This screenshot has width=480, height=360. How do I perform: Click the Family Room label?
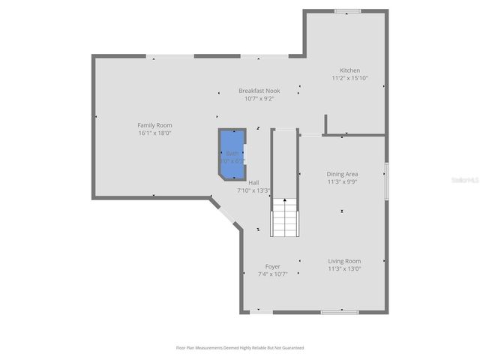154,125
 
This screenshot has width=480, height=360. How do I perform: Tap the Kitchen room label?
349,70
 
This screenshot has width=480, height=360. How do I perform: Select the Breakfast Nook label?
259,91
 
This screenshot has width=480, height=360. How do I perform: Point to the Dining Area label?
342,174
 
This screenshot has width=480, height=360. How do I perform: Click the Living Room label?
344,261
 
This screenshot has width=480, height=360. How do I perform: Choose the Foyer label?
273,266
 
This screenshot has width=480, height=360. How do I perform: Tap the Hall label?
253,183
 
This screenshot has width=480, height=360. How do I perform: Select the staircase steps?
284,217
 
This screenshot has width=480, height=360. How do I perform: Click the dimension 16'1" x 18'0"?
154,133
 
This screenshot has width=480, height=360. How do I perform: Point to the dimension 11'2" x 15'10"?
349,78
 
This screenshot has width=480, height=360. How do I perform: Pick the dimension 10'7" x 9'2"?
259,98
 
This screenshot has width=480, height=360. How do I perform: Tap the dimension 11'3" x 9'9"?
342,181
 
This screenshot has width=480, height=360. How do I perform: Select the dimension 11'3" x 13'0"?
344,268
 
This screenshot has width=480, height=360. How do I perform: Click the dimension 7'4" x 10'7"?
273,274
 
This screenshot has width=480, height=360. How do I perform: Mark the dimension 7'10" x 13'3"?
253,190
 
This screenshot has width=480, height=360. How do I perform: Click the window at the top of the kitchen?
347,10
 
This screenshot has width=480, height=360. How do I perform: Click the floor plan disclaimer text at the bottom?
240,348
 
